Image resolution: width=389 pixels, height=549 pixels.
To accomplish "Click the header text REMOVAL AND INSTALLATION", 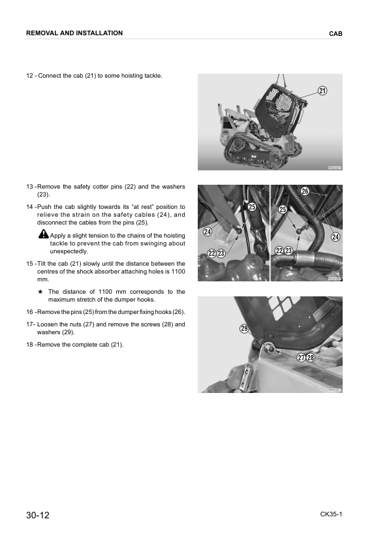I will coord(74,33).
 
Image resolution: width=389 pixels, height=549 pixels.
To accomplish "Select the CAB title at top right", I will coord(335,33).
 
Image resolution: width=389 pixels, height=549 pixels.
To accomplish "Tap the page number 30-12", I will coord(37,516).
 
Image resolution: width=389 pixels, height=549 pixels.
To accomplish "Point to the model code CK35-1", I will coord(331,514).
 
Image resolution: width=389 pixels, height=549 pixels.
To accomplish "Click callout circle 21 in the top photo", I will coord(322,91).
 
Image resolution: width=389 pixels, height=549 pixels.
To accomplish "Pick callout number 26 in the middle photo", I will coord(305,191).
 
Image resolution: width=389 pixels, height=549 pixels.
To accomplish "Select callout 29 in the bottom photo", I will coord(243,329).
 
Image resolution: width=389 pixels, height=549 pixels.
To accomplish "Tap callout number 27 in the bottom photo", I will coord(301,358).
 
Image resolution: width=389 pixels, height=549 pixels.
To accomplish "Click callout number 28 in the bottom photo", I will coord(311,358).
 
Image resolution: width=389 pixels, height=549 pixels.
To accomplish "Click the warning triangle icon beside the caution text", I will coord(44,235).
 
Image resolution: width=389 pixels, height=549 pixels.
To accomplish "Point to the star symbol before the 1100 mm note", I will coord(40,292).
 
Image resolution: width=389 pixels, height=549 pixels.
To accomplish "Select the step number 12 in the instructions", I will coord(29,76).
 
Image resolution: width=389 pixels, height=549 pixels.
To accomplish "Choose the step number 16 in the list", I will coord(29,311).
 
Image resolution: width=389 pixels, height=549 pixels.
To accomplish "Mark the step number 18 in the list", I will coord(29,344).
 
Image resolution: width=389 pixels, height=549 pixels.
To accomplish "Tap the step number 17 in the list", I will coord(29,324).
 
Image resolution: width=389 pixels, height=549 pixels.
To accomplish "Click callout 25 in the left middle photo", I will coord(251,207).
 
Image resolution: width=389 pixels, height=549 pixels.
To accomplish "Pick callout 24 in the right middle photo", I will coord(335,236).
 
